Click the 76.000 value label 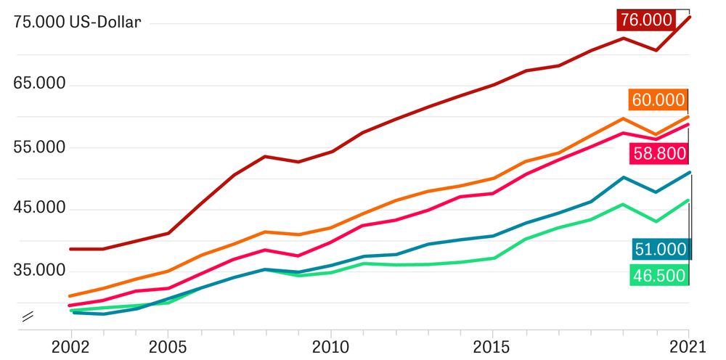click(646, 20)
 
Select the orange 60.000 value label click(658, 100)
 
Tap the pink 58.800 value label click(658, 153)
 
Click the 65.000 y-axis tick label click(40, 83)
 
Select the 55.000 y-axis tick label click(40, 147)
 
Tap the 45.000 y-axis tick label click(40, 208)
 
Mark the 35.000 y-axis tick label click(40, 271)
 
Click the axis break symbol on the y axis click(28, 316)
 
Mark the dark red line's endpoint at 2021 click(689, 16)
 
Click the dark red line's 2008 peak click(266, 156)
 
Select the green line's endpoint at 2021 click(688, 200)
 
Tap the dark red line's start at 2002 click(70, 249)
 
